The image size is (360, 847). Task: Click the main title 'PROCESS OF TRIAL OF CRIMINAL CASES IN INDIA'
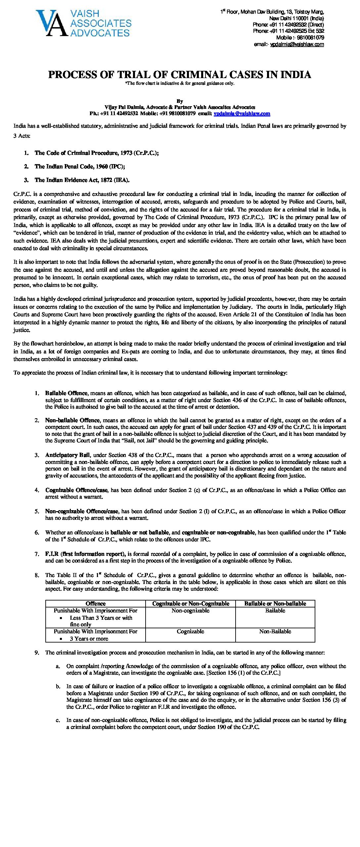[180, 75]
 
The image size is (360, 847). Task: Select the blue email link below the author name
[242, 113]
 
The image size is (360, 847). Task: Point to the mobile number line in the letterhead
[300, 38]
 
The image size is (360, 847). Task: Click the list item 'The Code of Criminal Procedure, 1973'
[96, 153]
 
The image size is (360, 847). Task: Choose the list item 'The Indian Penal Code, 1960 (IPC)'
[80, 166]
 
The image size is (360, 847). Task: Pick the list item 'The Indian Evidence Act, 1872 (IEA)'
[82, 180]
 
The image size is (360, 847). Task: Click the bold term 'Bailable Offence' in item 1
[67, 393]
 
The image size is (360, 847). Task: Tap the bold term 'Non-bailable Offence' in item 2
[72, 420]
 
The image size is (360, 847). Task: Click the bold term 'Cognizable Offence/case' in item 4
[77, 490]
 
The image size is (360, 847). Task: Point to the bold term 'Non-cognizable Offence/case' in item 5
[82, 511]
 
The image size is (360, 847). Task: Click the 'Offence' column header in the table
[96, 603]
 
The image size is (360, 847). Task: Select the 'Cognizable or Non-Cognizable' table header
[191, 603]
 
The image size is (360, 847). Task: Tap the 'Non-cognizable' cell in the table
[191, 611]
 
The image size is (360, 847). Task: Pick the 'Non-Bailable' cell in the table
[275, 631]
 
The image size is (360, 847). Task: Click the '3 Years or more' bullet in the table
[89, 639]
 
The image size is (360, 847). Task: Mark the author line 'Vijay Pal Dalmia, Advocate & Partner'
[180, 107]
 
